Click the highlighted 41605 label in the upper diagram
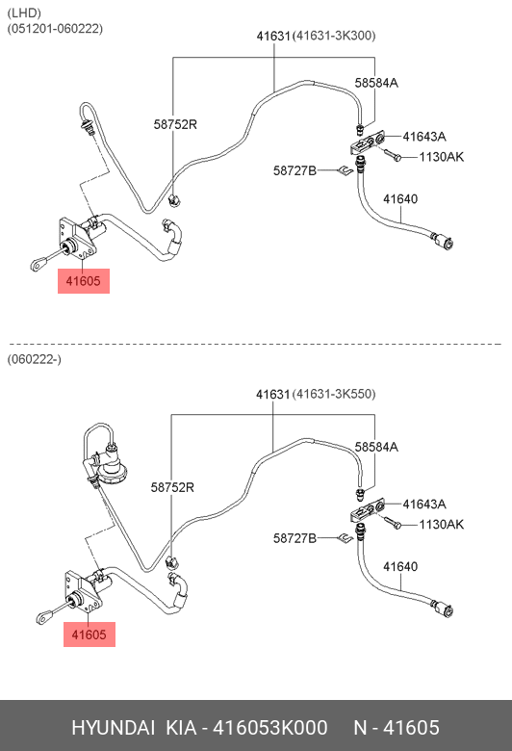point(84,281)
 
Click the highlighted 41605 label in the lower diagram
point(90,634)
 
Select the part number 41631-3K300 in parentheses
point(334,36)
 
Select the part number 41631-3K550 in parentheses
point(334,394)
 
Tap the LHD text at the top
point(24,13)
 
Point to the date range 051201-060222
point(55,29)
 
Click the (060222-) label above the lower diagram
point(34,359)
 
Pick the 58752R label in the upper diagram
point(175,124)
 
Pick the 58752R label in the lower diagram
point(172,487)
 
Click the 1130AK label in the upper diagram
point(442,157)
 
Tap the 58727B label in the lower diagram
point(295,538)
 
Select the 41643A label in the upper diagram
point(424,137)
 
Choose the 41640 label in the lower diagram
point(400,566)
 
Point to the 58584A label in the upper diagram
point(376,83)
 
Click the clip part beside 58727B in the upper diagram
point(345,170)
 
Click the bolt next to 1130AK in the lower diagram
point(392,523)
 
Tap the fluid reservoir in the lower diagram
point(112,467)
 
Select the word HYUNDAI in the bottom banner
point(113,728)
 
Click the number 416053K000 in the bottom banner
point(270,728)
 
